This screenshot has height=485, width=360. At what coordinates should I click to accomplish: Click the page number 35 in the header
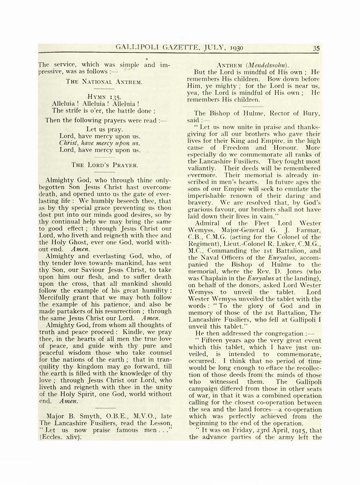point(316,48)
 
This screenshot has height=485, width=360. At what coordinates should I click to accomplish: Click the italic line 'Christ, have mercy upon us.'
point(100,143)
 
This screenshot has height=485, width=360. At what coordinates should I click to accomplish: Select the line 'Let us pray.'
point(99,129)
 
